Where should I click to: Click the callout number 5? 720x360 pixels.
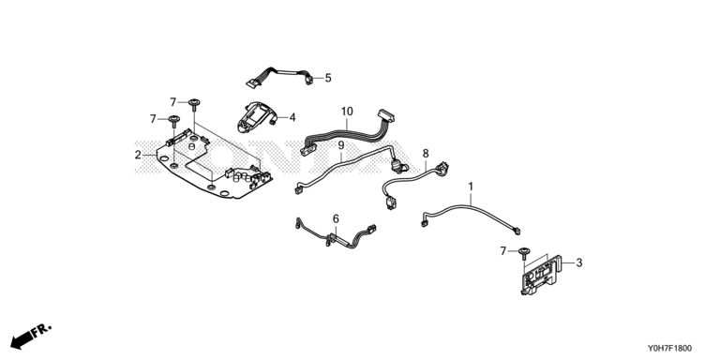tap(328, 78)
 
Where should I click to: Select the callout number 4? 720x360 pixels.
tap(292, 117)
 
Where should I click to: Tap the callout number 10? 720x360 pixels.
tap(347, 112)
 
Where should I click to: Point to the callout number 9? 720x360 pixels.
tap(340, 145)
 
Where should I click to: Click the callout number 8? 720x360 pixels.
tap(426, 153)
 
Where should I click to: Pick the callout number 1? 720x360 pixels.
tap(471, 187)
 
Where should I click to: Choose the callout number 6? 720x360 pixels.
tap(336, 218)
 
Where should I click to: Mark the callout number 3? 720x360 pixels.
tap(579, 262)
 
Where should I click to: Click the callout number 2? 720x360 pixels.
tap(138, 156)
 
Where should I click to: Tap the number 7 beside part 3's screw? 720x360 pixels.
tap(503, 251)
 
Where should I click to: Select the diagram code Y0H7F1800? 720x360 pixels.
tap(670, 349)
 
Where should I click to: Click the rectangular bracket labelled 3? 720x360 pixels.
tap(541, 275)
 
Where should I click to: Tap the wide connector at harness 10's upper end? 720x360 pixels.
tap(385, 115)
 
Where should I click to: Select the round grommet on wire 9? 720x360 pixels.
tap(396, 166)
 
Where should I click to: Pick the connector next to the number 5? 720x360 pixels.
tap(309, 80)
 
